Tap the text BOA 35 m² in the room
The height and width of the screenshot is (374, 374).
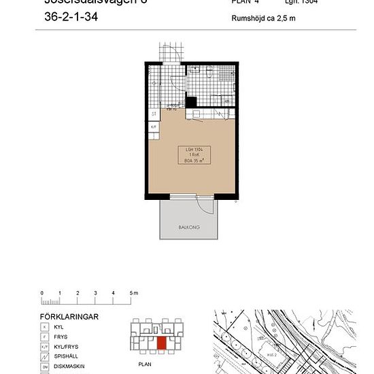pyautogui.click(x=195, y=160)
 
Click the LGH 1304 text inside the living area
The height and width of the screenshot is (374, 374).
pyautogui.click(x=195, y=149)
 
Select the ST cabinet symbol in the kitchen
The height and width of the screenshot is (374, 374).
pyautogui.click(x=154, y=114)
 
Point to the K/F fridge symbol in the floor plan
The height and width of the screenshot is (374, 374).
pyautogui.click(x=154, y=126)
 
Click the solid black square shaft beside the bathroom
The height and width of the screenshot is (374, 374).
pyautogui.click(x=192, y=103)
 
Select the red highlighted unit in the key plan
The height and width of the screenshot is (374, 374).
pyautogui.click(x=161, y=342)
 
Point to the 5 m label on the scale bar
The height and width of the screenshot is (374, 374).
pyautogui.click(x=134, y=292)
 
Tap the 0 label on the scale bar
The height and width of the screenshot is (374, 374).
pyautogui.click(x=42, y=292)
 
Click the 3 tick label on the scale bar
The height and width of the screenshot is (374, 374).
pyautogui.click(x=95, y=292)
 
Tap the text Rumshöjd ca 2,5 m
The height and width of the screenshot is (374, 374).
pyautogui.click(x=263, y=18)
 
